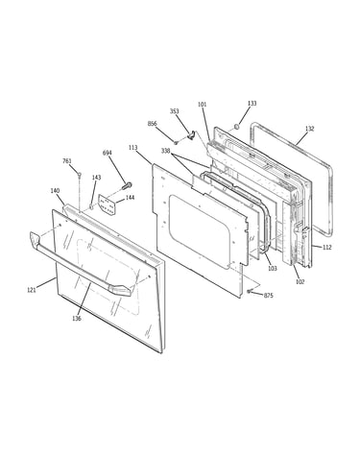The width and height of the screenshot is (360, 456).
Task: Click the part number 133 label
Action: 252,104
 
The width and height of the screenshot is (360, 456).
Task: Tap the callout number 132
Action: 309,129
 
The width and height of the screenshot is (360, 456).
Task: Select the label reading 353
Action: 174,111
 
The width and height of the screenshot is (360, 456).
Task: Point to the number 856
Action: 153,124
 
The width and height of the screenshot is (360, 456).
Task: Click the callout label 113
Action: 133,148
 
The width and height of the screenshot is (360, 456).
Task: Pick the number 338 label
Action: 165,151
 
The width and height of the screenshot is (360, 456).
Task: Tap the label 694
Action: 107,153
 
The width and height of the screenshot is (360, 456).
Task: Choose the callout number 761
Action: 67,161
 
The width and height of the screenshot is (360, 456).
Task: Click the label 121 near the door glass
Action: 32,290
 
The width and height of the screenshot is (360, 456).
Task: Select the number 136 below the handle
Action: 77,318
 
